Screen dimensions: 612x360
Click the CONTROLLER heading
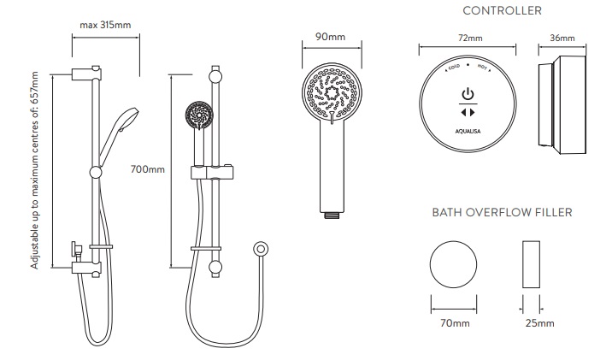[x=502, y=10]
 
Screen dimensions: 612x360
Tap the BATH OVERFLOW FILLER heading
[x=502, y=212]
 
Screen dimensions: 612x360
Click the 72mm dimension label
[x=470, y=38]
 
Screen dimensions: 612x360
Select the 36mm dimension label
[x=562, y=38]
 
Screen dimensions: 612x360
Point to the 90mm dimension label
[x=330, y=37]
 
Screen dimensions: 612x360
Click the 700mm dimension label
[x=147, y=169]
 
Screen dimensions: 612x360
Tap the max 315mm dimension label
[x=105, y=25]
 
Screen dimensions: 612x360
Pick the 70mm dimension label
[x=455, y=323]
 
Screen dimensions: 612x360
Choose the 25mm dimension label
[x=539, y=323]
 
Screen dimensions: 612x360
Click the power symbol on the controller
[x=468, y=94]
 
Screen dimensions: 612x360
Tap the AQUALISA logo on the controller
[x=468, y=131]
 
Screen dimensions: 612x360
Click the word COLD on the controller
[x=454, y=68]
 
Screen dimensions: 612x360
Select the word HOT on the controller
[x=482, y=68]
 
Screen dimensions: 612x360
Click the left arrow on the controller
[x=463, y=113]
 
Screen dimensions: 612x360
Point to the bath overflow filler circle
[x=453, y=264]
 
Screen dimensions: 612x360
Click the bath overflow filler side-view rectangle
[x=531, y=264]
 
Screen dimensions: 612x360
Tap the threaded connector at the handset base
[x=332, y=215]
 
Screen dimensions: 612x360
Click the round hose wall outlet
[x=261, y=249]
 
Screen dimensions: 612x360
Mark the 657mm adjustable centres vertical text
[x=34, y=170]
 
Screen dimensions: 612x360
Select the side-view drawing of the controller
[x=562, y=104]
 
